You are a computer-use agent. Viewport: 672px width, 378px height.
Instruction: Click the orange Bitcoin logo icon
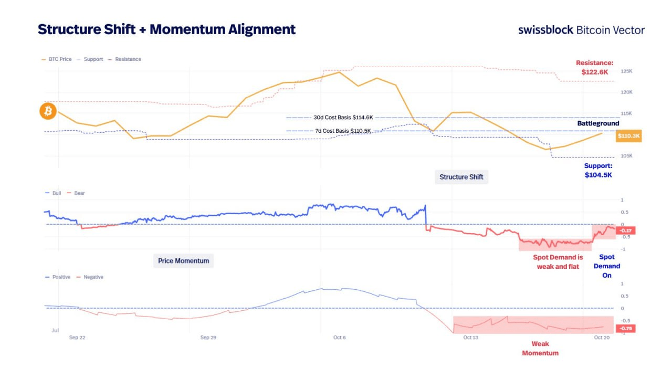[x=48, y=111]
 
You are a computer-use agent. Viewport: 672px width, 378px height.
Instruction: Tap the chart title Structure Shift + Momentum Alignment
[x=166, y=29]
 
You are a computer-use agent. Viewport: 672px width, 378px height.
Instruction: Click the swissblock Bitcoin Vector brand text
[x=581, y=30]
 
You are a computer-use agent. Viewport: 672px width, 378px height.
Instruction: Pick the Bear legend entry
[x=79, y=193]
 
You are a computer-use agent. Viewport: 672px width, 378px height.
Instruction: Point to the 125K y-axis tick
[x=626, y=71]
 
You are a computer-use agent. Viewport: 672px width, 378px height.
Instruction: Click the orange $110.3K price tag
[x=629, y=136]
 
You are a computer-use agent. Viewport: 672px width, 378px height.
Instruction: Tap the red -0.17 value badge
[x=626, y=230]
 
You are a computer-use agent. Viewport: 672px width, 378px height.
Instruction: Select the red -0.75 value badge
[x=626, y=329]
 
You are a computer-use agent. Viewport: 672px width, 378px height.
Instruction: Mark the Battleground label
[x=598, y=123]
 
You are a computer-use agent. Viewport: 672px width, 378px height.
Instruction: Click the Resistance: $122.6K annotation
[x=594, y=67]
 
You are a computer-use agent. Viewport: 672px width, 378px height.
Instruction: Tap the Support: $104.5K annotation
[x=598, y=170]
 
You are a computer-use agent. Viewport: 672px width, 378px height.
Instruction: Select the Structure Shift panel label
[x=461, y=177]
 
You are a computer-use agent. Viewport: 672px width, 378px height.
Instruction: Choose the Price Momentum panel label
[x=183, y=260]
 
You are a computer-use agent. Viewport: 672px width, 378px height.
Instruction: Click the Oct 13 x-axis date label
[x=470, y=338]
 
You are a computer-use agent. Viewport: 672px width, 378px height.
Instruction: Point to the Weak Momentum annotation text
[x=540, y=348]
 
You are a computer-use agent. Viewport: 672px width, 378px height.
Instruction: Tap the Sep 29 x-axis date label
[x=208, y=338]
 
